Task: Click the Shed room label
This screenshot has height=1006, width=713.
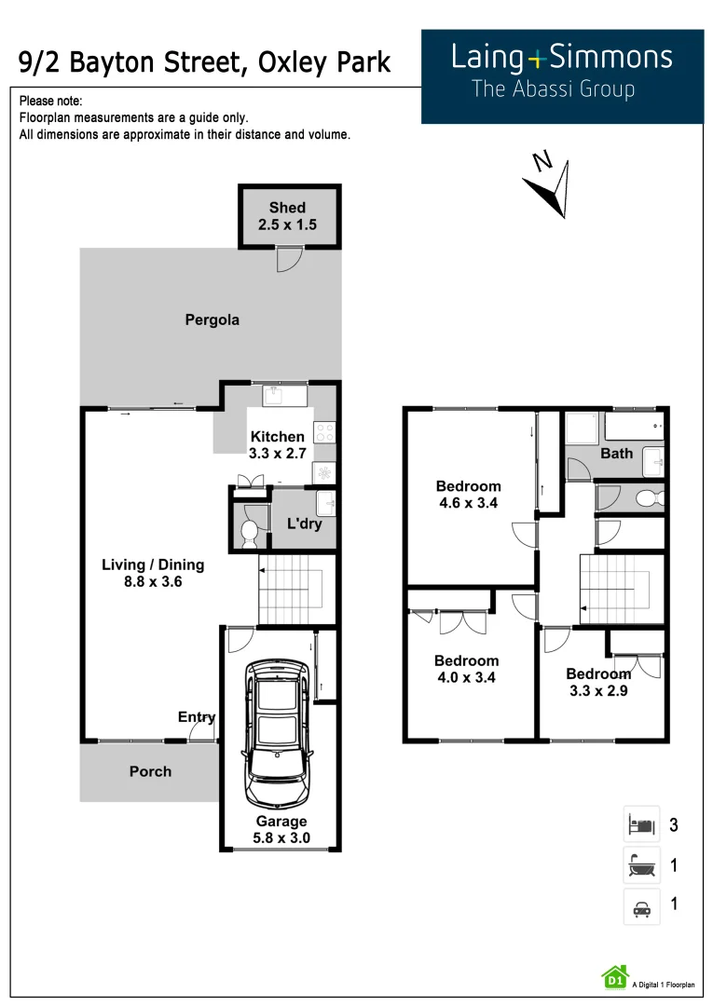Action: click(287, 216)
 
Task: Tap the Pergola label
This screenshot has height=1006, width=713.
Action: click(212, 319)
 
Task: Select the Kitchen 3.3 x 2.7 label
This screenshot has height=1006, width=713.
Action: click(277, 445)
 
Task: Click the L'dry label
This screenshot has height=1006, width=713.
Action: click(304, 524)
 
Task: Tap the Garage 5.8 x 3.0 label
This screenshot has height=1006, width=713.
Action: click(281, 829)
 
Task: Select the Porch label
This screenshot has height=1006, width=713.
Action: click(150, 771)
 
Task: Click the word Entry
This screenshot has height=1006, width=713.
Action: click(197, 716)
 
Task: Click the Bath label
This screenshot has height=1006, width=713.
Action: click(616, 454)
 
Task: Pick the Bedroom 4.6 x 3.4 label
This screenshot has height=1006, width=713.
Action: click(468, 495)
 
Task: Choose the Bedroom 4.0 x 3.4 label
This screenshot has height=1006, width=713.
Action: click(466, 669)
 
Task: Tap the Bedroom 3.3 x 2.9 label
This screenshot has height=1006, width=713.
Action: click(598, 682)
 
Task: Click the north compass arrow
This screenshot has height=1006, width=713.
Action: click(550, 186)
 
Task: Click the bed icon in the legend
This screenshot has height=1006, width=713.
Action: click(641, 824)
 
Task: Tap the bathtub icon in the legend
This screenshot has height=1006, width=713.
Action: click(641, 865)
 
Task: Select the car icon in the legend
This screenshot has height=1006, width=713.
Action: click(641, 906)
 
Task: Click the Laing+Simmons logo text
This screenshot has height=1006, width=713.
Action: click(561, 58)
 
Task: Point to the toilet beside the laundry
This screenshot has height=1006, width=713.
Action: click(249, 532)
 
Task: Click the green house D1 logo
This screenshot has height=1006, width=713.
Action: click(614, 977)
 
